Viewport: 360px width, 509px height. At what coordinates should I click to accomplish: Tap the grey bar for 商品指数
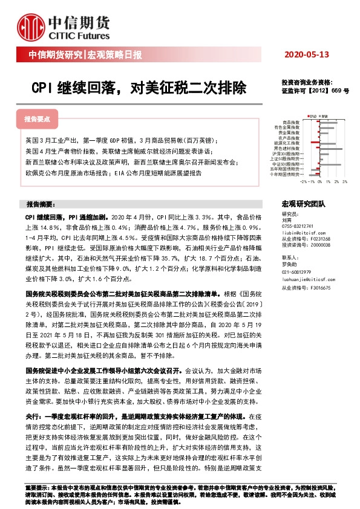[327, 123]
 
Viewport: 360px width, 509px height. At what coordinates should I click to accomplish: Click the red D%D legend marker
[308, 116]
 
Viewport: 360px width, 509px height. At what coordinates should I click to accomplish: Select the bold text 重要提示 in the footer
[34, 487]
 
